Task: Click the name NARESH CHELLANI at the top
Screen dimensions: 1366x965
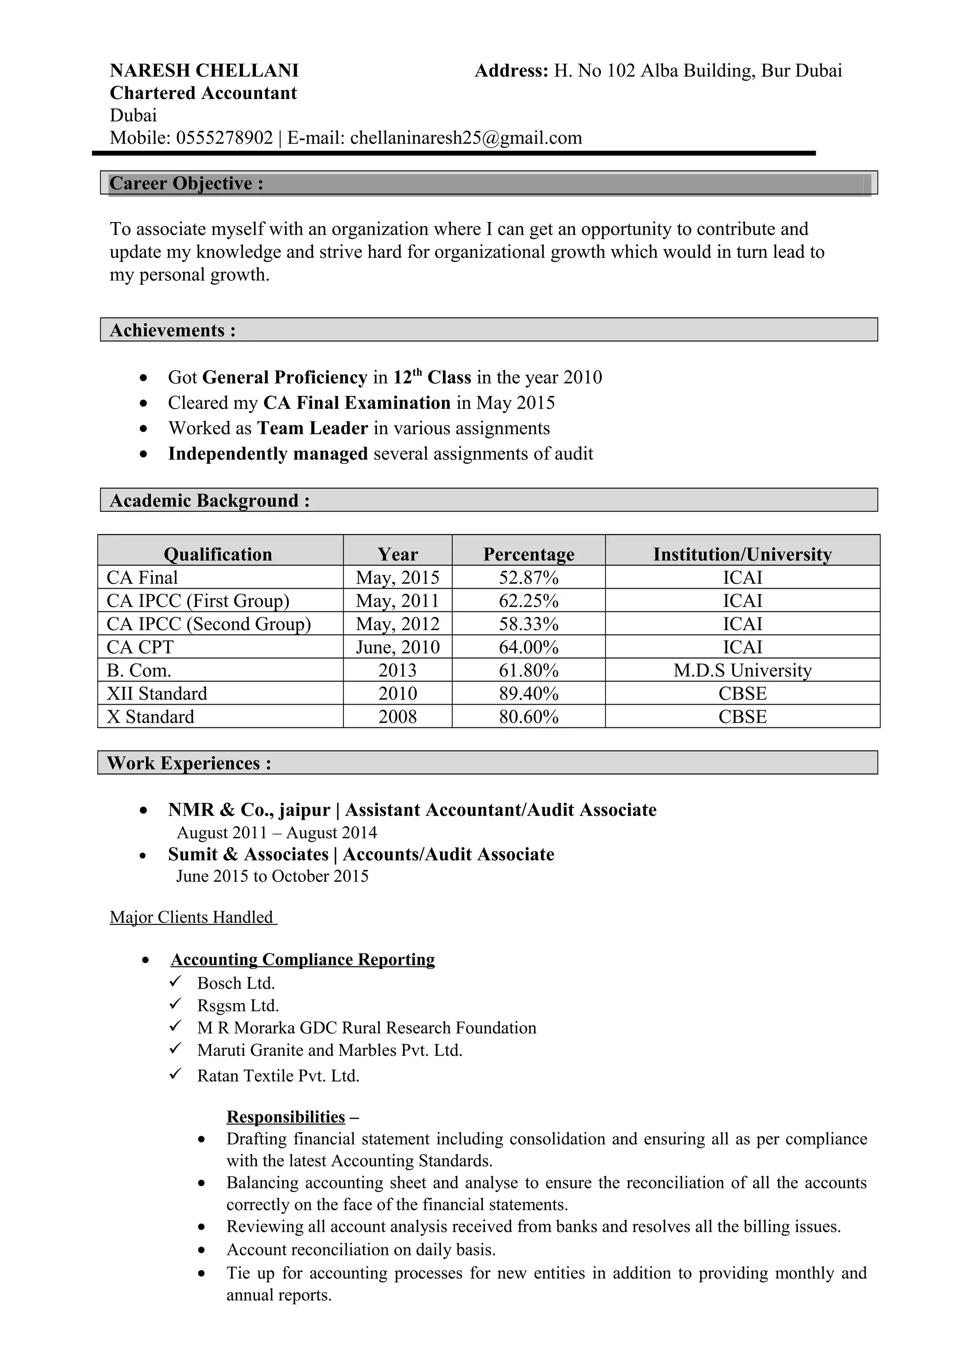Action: [x=204, y=71]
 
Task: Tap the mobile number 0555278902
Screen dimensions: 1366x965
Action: [x=224, y=138]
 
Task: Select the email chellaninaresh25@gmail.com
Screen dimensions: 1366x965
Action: [x=466, y=138]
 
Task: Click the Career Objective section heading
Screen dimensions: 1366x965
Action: [x=186, y=183]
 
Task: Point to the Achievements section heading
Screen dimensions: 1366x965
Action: [x=172, y=330]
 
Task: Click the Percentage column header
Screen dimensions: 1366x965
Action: [x=528, y=554]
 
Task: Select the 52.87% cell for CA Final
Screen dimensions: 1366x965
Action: [x=528, y=578]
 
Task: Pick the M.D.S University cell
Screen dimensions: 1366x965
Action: [x=742, y=670]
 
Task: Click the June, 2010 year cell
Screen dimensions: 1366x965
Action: [x=397, y=647]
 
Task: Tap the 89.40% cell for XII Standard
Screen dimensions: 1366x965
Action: [x=528, y=694]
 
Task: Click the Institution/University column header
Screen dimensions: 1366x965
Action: [x=742, y=554]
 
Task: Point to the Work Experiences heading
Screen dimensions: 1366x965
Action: [x=189, y=763]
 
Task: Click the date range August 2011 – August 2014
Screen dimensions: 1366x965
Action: [x=277, y=833]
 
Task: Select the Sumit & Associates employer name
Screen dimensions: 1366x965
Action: [x=248, y=855]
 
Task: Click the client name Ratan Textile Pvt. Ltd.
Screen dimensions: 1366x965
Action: [x=278, y=1076]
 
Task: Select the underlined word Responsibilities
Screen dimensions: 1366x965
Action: [x=286, y=1117]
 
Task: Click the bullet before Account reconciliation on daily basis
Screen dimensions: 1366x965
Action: [x=202, y=1251]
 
